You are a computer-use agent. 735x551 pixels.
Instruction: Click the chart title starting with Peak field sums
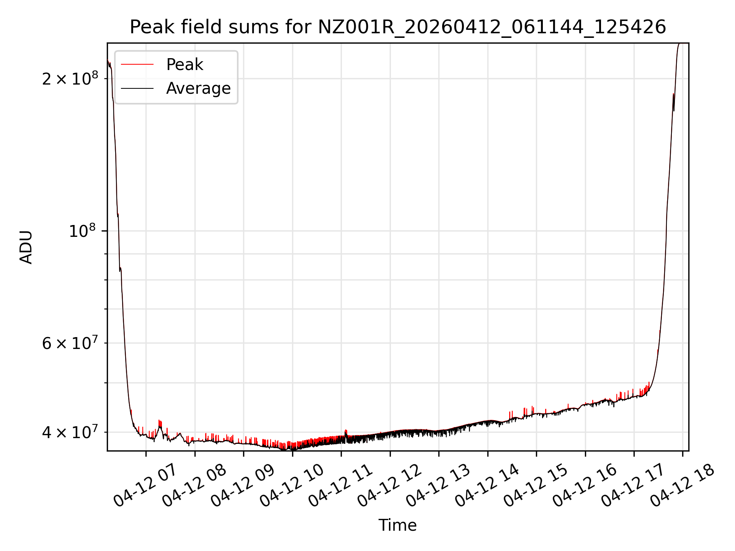(x=398, y=27)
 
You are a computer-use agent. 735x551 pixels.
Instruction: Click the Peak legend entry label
(x=185, y=65)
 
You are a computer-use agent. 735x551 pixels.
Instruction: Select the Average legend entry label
(x=198, y=88)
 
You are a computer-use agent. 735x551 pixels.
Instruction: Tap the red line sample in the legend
(x=137, y=65)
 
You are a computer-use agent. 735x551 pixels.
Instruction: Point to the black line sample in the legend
(x=137, y=88)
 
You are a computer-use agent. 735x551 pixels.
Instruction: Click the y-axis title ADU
(x=26, y=247)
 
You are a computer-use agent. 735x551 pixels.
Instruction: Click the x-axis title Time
(x=397, y=525)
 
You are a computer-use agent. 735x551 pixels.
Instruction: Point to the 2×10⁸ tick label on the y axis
(x=70, y=79)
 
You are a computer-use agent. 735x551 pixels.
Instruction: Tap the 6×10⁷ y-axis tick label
(x=70, y=343)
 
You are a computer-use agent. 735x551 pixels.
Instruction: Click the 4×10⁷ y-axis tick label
(x=70, y=432)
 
